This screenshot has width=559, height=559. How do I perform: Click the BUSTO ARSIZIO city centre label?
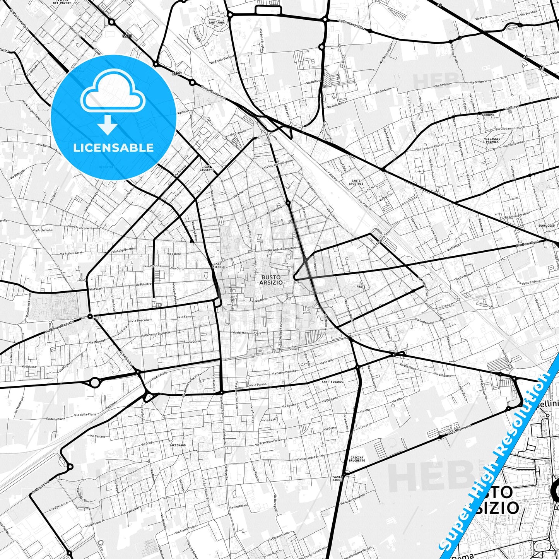click(x=271, y=280)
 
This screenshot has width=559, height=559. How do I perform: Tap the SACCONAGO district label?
click(x=178, y=445)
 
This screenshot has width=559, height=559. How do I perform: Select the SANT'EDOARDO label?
click(x=332, y=382)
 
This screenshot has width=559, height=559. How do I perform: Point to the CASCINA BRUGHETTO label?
click(x=357, y=459)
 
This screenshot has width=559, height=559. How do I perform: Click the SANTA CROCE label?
click(x=338, y=478)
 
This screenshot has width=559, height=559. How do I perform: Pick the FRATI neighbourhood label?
click(x=361, y=287)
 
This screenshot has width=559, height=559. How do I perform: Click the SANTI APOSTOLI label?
click(x=357, y=182)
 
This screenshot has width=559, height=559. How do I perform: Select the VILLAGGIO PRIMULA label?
click(x=492, y=140)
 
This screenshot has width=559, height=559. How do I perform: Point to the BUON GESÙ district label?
click(x=547, y=226)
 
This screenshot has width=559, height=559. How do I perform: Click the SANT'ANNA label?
click(x=216, y=23)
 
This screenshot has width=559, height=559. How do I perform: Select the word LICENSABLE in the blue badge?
click(x=113, y=147)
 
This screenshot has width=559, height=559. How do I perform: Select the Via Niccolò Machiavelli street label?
click(x=278, y=164)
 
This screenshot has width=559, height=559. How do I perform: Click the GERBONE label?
click(x=488, y=115)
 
